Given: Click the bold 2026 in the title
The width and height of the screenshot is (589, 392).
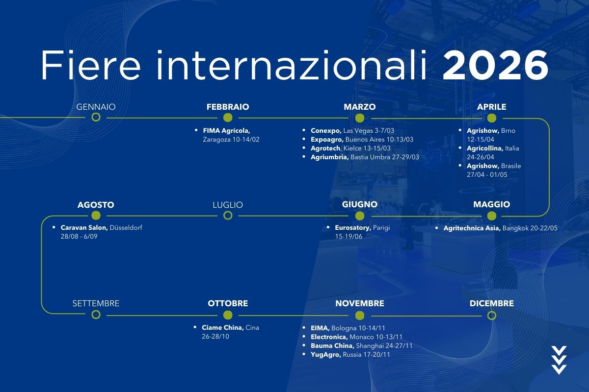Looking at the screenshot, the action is tap(495, 65).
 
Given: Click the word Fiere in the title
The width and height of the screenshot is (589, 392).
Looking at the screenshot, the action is tap(91, 65).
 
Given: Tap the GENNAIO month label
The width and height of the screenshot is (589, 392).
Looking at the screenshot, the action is tap(96, 107).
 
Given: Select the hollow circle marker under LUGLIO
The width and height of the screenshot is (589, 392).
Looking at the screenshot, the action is tap(228, 216).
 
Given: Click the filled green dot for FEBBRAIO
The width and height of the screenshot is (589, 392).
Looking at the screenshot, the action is tap(228, 118).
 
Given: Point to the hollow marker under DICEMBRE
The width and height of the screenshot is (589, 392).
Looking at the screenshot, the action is tap(491, 316).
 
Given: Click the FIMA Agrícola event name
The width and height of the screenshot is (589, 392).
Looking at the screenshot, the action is tap(226, 130).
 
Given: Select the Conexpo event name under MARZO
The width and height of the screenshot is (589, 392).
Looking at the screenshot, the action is tap(326, 130).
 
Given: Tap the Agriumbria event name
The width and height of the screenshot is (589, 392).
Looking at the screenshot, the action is tap(330, 157).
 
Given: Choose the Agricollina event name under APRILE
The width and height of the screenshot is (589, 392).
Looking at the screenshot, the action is tap(485, 148).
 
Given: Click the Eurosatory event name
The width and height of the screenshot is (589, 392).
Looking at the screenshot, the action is tap(353, 228).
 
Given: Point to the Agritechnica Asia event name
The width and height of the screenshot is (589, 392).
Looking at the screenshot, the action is tap(472, 228).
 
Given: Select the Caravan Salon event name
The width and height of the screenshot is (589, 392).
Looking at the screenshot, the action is tap(84, 228).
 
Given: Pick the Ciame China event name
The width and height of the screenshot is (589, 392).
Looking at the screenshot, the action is tap(223, 327).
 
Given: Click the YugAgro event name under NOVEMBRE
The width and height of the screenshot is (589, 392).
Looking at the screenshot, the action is tap(326, 354).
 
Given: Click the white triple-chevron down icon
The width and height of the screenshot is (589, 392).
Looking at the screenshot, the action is tap(559, 360).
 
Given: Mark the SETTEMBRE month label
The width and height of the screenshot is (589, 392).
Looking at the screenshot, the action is tap(96, 303).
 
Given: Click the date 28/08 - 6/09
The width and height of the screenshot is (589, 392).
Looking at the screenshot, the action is tap(79, 236).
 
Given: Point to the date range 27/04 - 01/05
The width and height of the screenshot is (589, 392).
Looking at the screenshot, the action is tap(487, 174).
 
